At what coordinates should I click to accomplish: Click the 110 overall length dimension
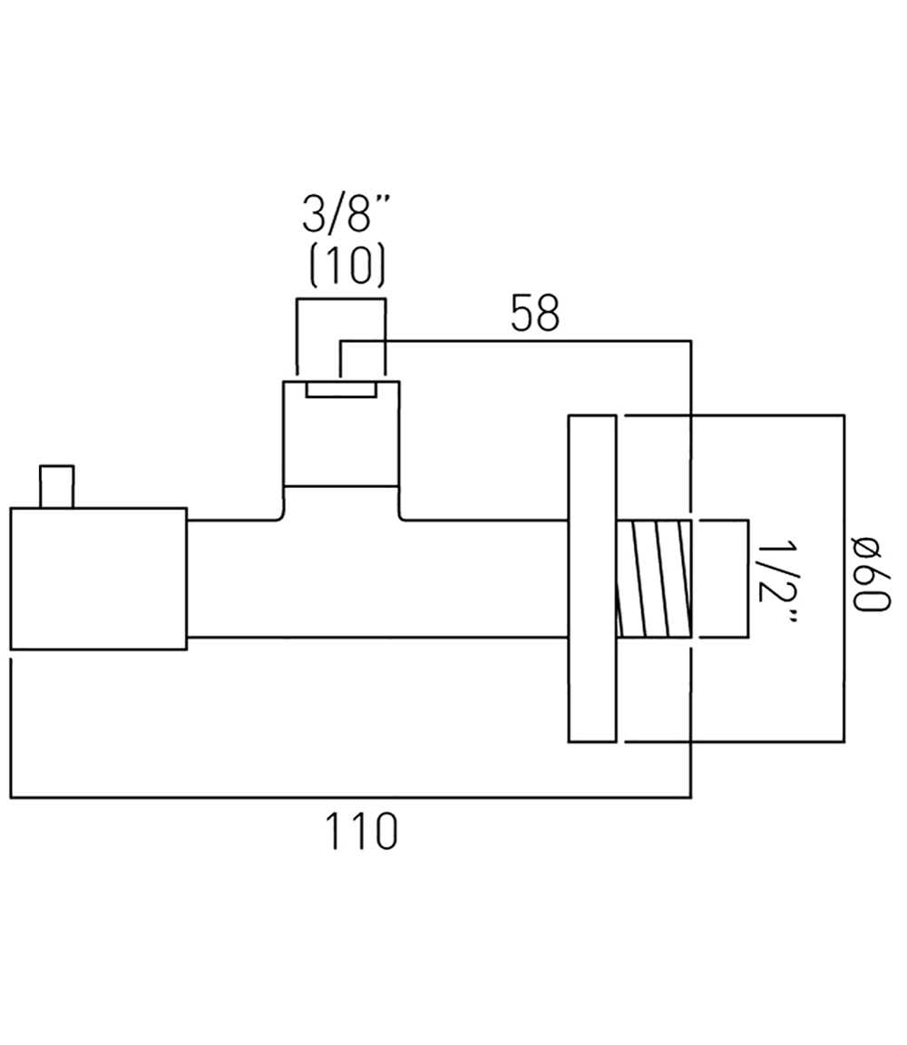(360, 831)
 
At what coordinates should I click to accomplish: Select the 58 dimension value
(535, 314)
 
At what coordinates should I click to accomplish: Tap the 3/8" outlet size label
(342, 220)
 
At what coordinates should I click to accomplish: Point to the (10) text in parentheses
(342, 266)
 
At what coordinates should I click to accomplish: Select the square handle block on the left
(98, 579)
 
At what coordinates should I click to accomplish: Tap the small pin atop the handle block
(56, 486)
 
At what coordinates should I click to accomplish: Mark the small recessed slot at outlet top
(341, 389)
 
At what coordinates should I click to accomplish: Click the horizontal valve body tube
(381, 579)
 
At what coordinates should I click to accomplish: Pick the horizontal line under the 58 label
(517, 341)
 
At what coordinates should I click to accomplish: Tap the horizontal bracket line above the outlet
(341, 298)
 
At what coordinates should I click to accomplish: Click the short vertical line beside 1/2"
(748, 580)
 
